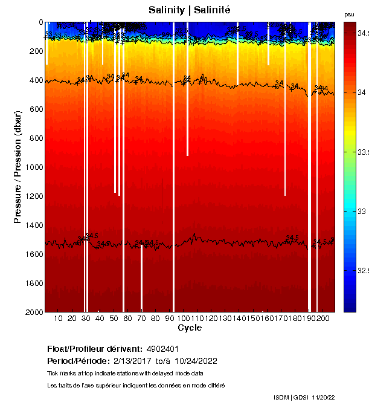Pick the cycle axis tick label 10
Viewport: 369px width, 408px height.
coord(59,318)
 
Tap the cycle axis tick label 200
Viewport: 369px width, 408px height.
coord(322,318)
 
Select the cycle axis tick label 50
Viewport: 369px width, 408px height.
coord(114,318)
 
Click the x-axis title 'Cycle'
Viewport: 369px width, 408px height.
coord(190,328)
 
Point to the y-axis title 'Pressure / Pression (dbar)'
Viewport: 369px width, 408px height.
coord(18,167)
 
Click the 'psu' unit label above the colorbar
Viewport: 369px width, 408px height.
coord(349,15)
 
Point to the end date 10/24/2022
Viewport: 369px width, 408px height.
coord(196,361)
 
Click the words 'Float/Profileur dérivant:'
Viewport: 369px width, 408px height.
coord(95,349)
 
